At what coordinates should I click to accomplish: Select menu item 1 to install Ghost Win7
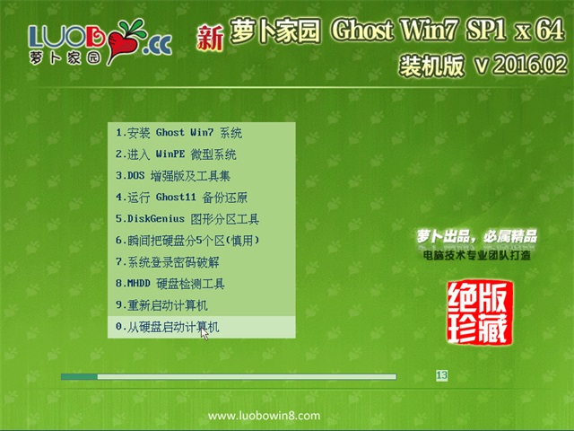pyautogui.click(x=178, y=133)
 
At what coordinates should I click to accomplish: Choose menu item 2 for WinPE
pyautogui.click(x=176, y=154)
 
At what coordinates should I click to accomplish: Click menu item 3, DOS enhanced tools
pyautogui.click(x=173, y=176)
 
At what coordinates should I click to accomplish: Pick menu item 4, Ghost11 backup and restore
pyautogui.click(x=181, y=198)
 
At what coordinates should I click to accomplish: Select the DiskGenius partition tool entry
pyautogui.click(x=187, y=219)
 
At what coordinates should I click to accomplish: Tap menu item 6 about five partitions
pyautogui.click(x=187, y=241)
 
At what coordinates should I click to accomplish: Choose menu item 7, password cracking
pyautogui.click(x=168, y=262)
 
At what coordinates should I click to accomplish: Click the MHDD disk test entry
pyautogui.click(x=170, y=284)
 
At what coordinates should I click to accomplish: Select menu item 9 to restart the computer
pyautogui.click(x=161, y=305)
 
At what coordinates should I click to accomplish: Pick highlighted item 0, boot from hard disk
pyautogui.click(x=168, y=327)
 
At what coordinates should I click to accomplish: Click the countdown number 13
pyautogui.click(x=442, y=375)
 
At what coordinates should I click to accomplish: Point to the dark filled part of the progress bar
pyautogui.click(x=79, y=377)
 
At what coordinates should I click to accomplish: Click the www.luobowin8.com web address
pyautogui.click(x=264, y=416)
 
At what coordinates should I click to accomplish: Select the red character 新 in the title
pyautogui.click(x=210, y=38)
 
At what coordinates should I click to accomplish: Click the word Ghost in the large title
pyautogui.click(x=362, y=30)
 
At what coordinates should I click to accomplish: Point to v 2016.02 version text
pyautogui.click(x=521, y=65)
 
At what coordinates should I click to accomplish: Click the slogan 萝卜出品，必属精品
pyautogui.click(x=476, y=236)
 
